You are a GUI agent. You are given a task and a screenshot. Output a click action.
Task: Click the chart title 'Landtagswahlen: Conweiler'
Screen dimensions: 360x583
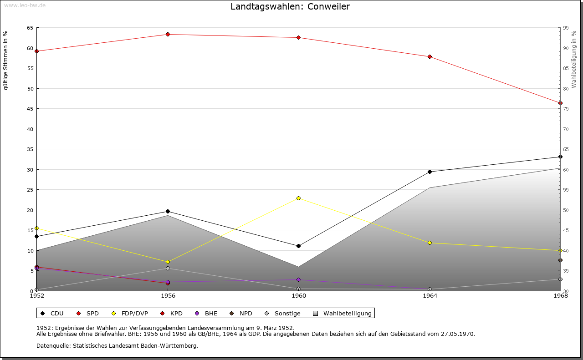(x=290, y=6)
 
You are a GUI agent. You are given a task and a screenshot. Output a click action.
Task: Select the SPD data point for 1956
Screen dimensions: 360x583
(x=168, y=35)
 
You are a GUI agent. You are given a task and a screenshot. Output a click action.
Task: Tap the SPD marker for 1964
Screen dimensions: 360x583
(x=430, y=56)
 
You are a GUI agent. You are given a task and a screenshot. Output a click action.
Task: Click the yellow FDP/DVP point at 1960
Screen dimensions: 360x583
(x=299, y=198)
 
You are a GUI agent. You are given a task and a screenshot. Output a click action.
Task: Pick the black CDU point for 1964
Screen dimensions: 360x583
(x=430, y=172)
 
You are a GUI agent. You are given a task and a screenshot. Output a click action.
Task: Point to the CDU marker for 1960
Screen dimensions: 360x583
(x=299, y=246)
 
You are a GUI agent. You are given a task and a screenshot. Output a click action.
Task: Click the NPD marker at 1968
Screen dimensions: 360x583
(x=560, y=260)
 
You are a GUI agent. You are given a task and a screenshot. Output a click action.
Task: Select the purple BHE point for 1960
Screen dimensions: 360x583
(x=299, y=279)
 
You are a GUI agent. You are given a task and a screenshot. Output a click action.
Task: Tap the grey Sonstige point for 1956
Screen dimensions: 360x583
(x=168, y=269)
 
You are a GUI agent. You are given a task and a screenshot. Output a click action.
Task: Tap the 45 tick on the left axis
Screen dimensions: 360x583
(x=30, y=109)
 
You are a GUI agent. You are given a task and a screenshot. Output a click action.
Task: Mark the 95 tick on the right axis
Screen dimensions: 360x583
(x=566, y=28)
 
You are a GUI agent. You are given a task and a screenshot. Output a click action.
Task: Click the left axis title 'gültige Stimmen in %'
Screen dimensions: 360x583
(x=6, y=60)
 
